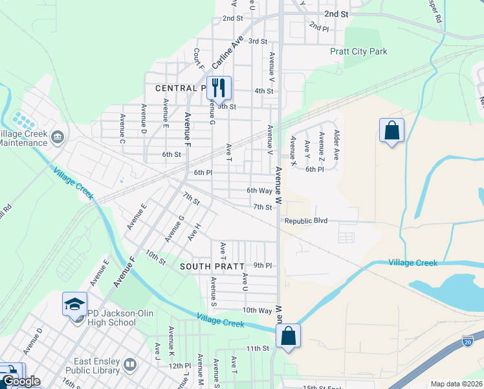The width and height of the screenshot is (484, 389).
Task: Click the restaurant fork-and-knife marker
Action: coord(219,88)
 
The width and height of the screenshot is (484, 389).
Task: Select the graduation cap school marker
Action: coord(74,303)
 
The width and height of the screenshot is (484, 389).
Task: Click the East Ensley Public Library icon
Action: coord(131,365)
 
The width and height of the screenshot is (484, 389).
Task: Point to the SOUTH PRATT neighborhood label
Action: coord(212,266)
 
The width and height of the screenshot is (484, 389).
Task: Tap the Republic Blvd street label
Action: coord(306,221)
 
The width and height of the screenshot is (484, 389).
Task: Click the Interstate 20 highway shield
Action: coord(468,340)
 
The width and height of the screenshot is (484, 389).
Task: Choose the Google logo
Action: coord(21,382)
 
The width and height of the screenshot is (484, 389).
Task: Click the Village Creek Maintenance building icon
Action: coord(57,137)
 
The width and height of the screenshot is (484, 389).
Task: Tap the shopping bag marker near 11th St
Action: coord(288,336)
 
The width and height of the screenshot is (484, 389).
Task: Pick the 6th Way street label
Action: coord(259,191)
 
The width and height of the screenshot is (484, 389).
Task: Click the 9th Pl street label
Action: coord(262,265)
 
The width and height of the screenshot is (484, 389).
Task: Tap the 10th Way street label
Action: coord(257,311)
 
